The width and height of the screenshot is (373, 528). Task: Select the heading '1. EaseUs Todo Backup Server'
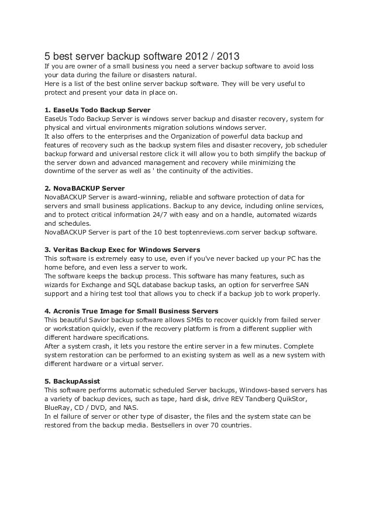point(98,110)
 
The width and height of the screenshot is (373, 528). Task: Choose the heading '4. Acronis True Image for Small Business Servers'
point(132,310)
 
